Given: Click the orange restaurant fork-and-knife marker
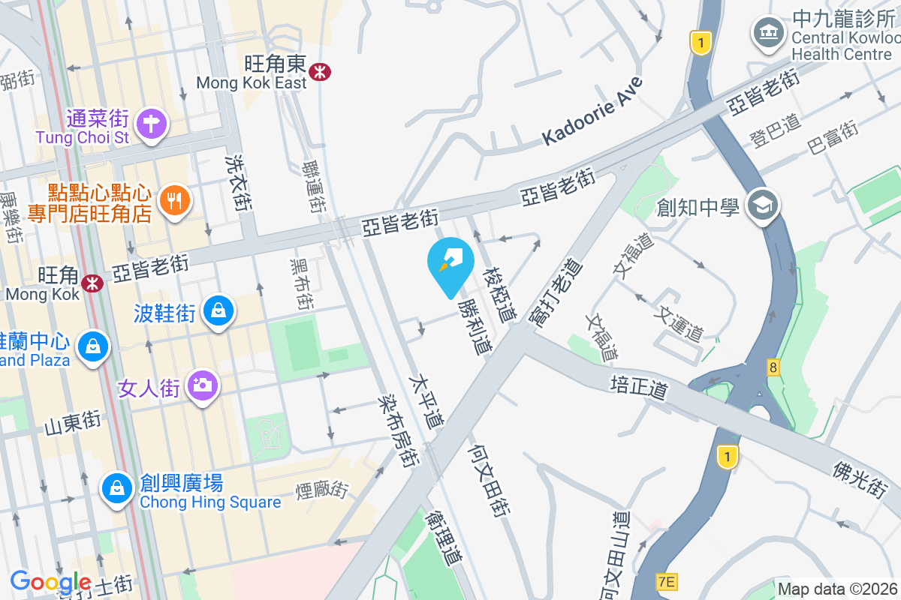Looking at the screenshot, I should [175, 200].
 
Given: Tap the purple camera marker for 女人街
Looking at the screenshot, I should [201, 385].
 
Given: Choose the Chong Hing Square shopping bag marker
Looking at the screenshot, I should [117, 488].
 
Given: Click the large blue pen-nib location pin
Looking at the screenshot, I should [450, 263].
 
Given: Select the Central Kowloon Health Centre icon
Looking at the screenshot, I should [768, 32].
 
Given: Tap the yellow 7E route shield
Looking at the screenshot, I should [666, 581].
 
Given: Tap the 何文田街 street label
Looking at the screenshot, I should [490, 478].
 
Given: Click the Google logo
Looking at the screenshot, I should [50, 581].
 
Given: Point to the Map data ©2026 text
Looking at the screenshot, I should [837, 589].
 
